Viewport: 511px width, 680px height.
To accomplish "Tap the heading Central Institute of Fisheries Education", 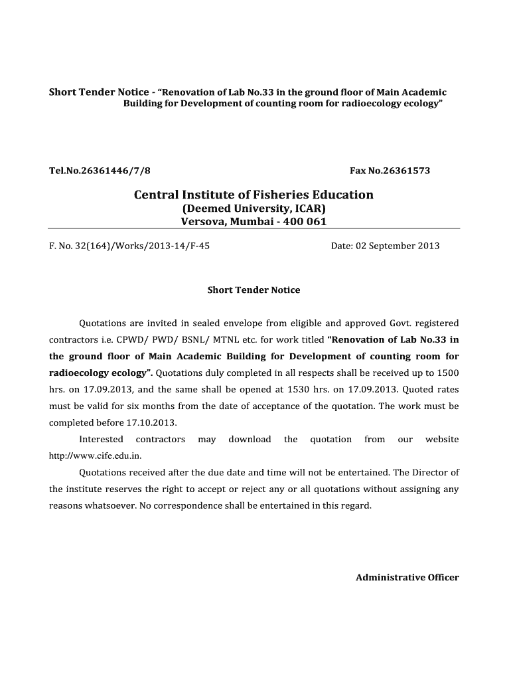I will pyautogui.click(x=254, y=195).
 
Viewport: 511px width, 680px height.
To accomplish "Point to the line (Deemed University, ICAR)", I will pyautogui.click(x=254, y=209).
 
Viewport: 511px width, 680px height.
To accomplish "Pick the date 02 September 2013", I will pyautogui.click(x=398, y=246).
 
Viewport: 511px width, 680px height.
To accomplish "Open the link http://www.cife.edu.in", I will pyautogui.click(x=96, y=456).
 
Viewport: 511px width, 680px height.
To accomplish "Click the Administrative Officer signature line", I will pyautogui.click(x=407, y=577).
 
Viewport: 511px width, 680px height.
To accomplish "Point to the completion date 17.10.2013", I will pyautogui.click(x=155, y=422).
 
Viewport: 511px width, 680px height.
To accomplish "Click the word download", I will pyautogui.click(x=250, y=439).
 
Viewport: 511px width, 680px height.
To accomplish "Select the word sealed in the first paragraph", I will pyautogui.click(x=207, y=323).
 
